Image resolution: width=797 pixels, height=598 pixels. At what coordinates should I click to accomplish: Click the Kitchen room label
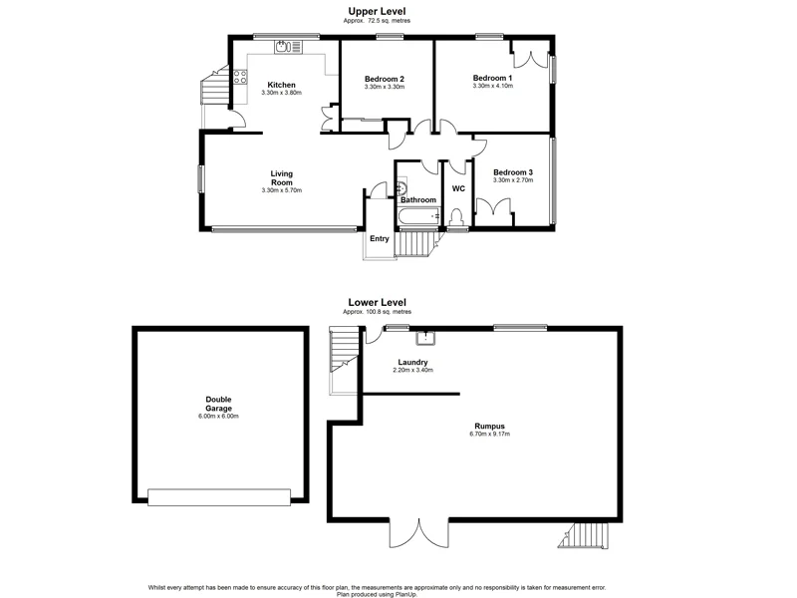[281, 85]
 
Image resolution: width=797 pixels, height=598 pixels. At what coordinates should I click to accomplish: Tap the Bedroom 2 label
[384, 79]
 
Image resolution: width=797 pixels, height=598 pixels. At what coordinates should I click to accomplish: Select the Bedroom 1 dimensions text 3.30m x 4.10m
[492, 86]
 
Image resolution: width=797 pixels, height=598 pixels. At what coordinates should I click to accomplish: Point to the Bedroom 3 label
[513, 171]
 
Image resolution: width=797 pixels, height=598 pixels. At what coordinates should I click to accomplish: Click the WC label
[459, 188]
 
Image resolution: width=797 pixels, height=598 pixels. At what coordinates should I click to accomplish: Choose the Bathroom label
[418, 199]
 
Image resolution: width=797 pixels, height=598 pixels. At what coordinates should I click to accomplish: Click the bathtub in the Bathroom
[418, 216]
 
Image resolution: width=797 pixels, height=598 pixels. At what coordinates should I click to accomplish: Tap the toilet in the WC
[457, 217]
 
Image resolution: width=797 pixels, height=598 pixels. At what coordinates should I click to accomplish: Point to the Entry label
[380, 238]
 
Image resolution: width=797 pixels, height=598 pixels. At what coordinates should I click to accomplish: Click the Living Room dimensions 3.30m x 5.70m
[281, 189]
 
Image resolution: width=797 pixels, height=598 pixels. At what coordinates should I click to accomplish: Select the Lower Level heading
[377, 302]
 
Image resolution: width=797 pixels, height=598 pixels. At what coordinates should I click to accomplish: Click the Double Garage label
[218, 404]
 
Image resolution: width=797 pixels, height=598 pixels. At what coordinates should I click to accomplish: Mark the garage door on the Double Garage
[218, 495]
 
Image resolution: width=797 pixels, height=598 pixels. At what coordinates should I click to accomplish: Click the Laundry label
[412, 362]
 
